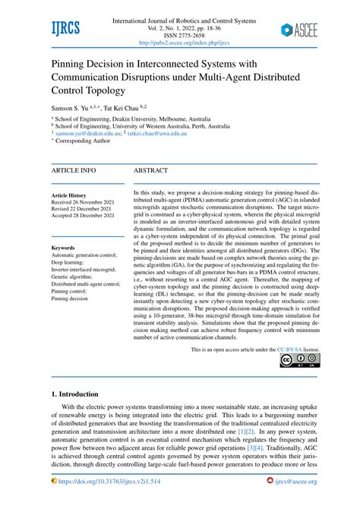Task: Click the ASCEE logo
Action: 299,30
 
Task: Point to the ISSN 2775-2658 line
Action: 179,34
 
